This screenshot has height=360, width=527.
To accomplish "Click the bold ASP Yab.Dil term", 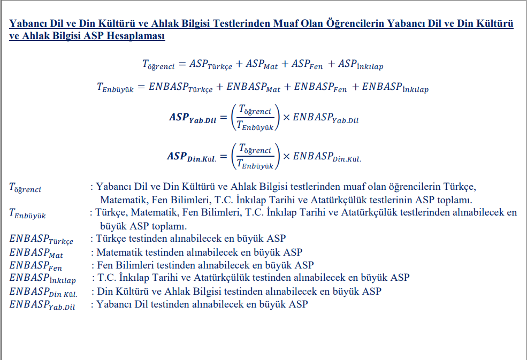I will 193,118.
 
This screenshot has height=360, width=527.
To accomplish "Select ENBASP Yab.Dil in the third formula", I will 325,118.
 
